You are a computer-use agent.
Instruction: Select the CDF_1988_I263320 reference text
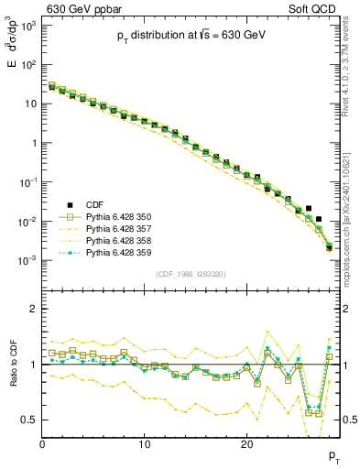(x=190, y=273)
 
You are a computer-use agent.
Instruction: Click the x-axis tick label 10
(x=145, y=444)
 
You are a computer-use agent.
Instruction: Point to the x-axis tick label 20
(x=246, y=444)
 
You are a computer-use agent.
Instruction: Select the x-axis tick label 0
(x=42, y=444)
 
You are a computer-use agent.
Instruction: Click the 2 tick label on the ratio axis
(x=32, y=309)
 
